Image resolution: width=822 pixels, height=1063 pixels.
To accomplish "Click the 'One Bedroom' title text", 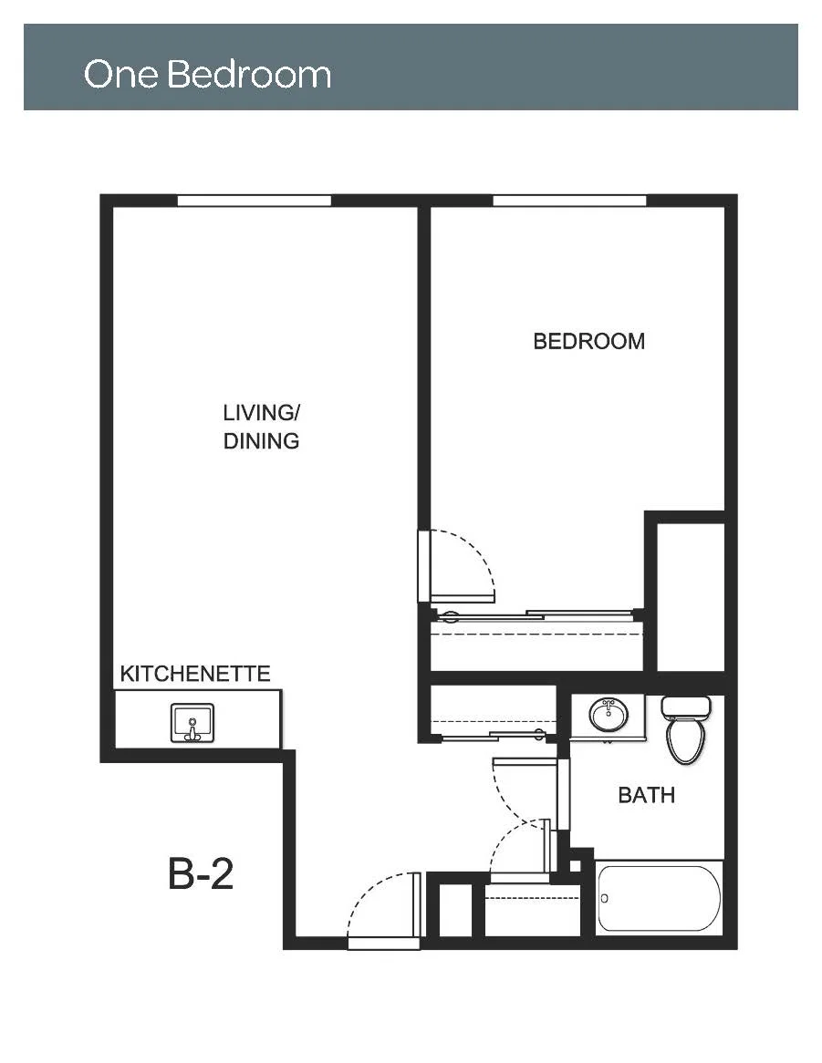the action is [x=207, y=74].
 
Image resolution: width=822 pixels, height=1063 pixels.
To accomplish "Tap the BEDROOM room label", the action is [x=588, y=341].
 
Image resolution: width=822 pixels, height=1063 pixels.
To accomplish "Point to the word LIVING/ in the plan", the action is [x=262, y=412].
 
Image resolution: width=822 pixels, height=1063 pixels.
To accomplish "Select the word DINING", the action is [x=261, y=441].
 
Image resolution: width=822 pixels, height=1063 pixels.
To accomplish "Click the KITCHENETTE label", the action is [x=195, y=673].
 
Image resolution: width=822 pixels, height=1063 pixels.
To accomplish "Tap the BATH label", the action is [x=646, y=795].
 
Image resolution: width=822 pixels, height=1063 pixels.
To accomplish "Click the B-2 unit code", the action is [x=201, y=874].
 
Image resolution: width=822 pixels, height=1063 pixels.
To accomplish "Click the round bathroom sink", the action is [x=609, y=714].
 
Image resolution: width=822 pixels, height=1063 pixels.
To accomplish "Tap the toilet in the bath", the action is [x=686, y=728].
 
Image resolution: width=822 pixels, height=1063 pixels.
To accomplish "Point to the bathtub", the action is [x=659, y=898].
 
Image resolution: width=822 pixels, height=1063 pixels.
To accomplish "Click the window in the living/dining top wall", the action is [x=255, y=200].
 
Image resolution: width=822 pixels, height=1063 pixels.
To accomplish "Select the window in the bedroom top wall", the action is [x=569, y=200].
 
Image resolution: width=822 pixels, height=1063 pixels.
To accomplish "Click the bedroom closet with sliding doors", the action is [x=536, y=641].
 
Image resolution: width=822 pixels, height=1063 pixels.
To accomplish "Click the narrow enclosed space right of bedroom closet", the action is [x=691, y=596].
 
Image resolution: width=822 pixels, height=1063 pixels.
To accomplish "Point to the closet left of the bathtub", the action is [x=533, y=911].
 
